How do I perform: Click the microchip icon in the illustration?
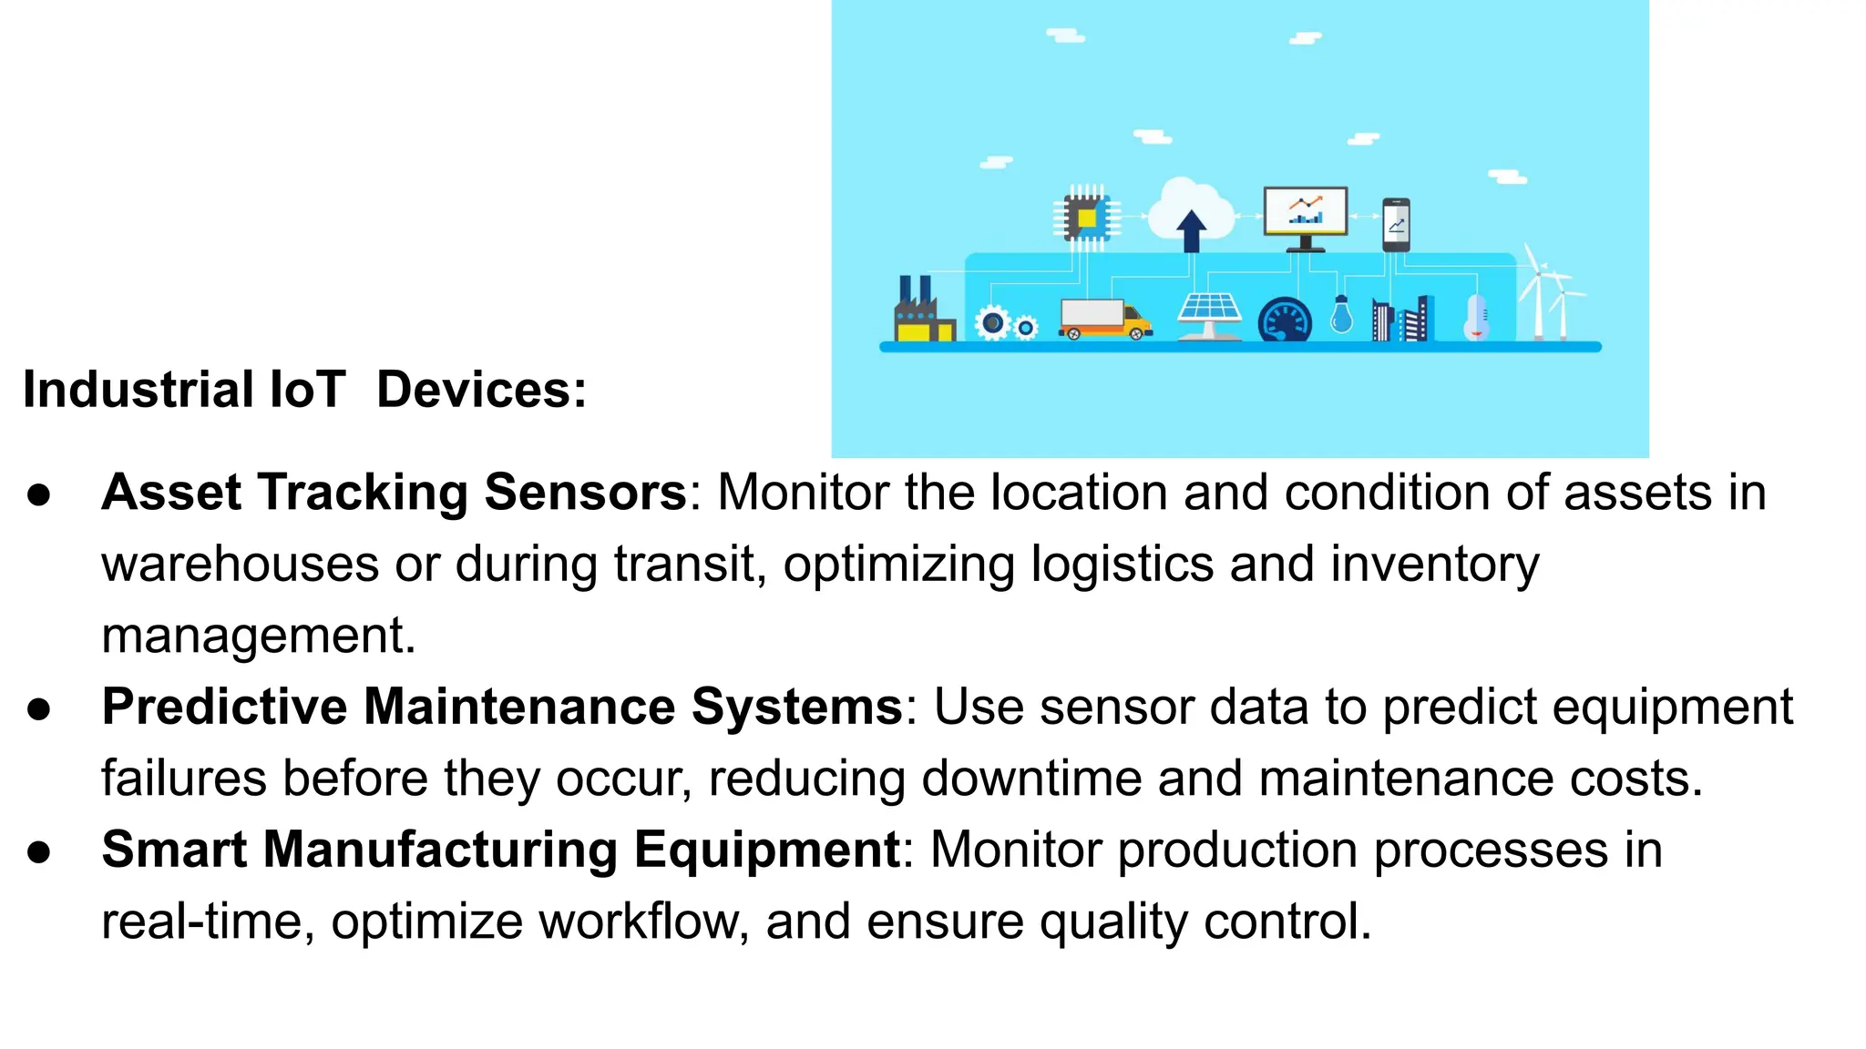[1086, 218]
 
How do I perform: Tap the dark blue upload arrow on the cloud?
[1191, 230]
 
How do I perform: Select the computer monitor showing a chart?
[1305, 213]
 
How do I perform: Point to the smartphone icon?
[1396, 224]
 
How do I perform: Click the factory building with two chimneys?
[922, 313]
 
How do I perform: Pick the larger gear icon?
[992, 323]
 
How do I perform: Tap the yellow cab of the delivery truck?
[1136, 321]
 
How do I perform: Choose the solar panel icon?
[1209, 311]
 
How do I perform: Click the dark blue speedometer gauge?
[1285, 321]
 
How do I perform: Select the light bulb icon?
[1341, 315]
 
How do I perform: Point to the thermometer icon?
[1476, 318]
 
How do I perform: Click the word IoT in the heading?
[307, 390]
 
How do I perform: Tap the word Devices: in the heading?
[481, 390]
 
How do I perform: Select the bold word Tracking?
[363, 493]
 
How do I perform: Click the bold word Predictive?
[224, 707]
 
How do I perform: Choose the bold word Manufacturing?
[440, 850]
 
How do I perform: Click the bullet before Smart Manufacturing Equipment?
[39, 851]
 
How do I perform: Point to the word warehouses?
[240, 565]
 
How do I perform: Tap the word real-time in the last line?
[207, 922]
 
